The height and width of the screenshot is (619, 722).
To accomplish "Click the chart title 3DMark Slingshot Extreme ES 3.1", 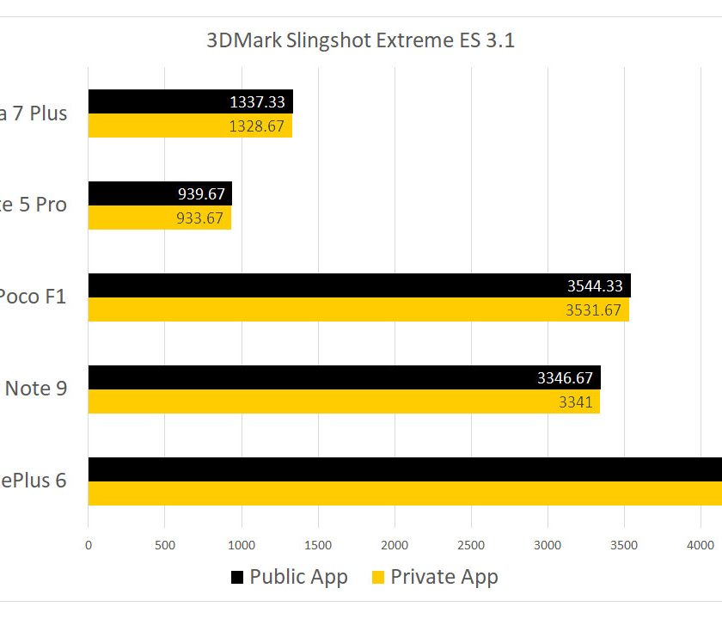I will [x=360, y=40].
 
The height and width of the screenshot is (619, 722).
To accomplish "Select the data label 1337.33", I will [x=257, y=102].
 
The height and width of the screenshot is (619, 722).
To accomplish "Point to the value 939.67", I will [x=196, y=194].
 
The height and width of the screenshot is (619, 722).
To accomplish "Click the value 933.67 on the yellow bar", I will [x=196, y=218].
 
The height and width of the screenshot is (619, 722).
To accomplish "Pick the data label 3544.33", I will [x=595, y=286].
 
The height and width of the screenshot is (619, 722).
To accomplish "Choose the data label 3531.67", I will [x=593, y=310].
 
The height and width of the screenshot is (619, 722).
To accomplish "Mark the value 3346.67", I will [x=565, y=377].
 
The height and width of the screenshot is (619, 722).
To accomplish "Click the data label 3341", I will [x=576, y=401].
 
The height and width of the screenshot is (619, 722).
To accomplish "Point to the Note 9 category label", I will [x=36, y=388].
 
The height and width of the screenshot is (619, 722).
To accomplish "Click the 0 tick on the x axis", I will [x=88, y=544].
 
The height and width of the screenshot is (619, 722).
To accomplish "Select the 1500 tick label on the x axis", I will [x=318, y=544].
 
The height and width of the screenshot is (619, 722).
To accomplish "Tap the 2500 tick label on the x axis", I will [x=471, y=544].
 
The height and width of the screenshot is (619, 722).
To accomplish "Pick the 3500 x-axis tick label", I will [x=624, y=544].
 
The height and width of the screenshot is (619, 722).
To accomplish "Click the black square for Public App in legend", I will [x=237, y=577].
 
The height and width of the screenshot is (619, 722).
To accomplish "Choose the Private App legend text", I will [x=444, y=577].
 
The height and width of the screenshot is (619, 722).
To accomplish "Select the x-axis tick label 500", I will [x=164, y=544].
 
